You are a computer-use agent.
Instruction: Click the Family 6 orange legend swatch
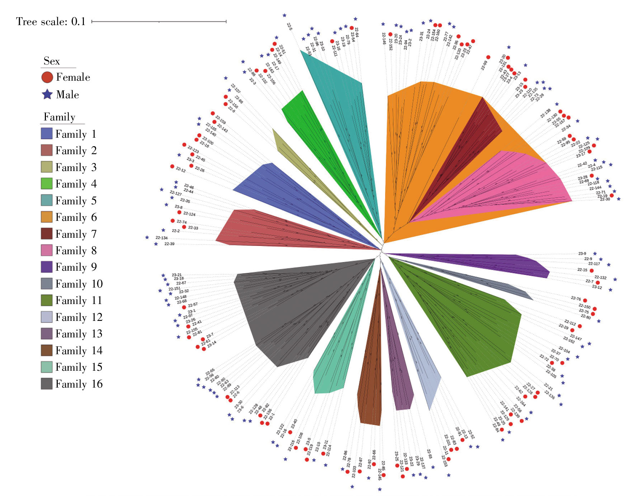pos(47,217)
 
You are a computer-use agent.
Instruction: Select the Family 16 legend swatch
pos(47,384)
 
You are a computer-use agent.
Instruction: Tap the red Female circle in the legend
pos(47,77)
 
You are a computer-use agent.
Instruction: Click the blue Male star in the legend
pos(47,94)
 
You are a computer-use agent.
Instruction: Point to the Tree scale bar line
pos(159,22)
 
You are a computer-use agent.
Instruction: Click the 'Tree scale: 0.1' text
pos(51,22)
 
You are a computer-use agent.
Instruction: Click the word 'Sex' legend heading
pos(52,61)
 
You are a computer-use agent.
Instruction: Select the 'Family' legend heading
pos(60,117)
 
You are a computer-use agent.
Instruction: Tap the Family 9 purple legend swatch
pos(47,267)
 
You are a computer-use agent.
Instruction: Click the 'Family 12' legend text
pos(79,317)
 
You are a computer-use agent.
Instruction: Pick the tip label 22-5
pos(289,26)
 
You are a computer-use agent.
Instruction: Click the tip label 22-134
pos(161,238)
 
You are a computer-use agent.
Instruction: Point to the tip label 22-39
pos(169,244)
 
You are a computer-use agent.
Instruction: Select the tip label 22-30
pos(605,199)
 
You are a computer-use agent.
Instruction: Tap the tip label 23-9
pos(582,253)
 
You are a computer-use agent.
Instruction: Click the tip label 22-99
pos(484,65)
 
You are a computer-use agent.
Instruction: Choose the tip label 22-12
pos(181,169)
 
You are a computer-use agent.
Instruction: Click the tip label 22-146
pos(384,38)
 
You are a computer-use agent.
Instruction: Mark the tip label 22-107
pos(236,88)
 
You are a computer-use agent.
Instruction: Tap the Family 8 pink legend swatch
pos(47,250)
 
